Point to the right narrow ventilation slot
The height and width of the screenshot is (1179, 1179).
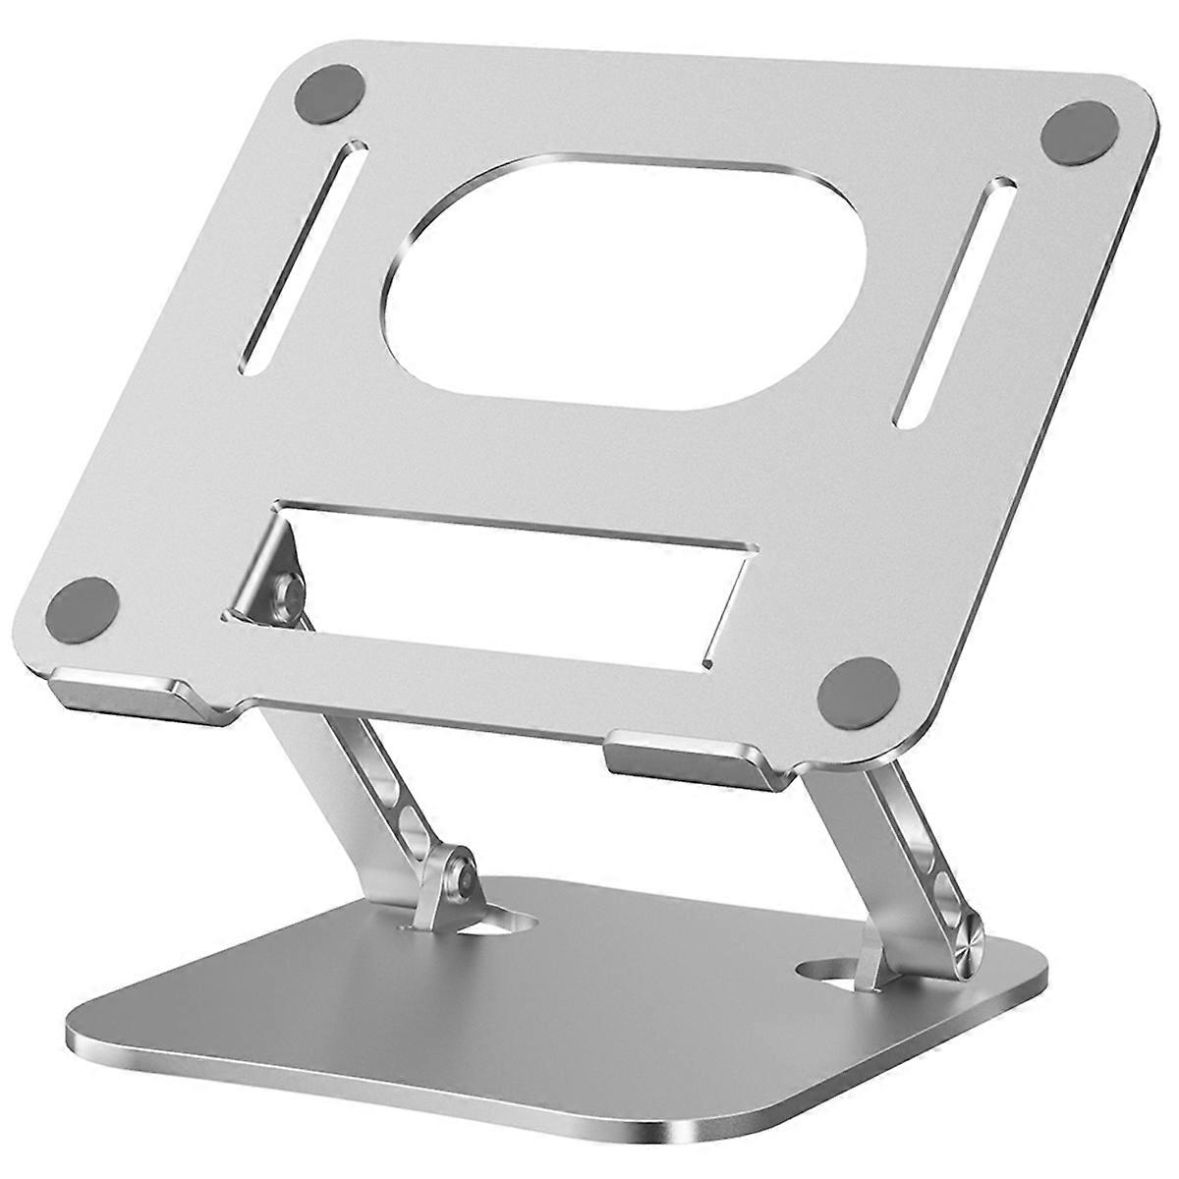click(952, 301)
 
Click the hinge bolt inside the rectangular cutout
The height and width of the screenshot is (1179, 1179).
click(290, 593)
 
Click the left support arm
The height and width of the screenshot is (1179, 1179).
click(373, 786)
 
